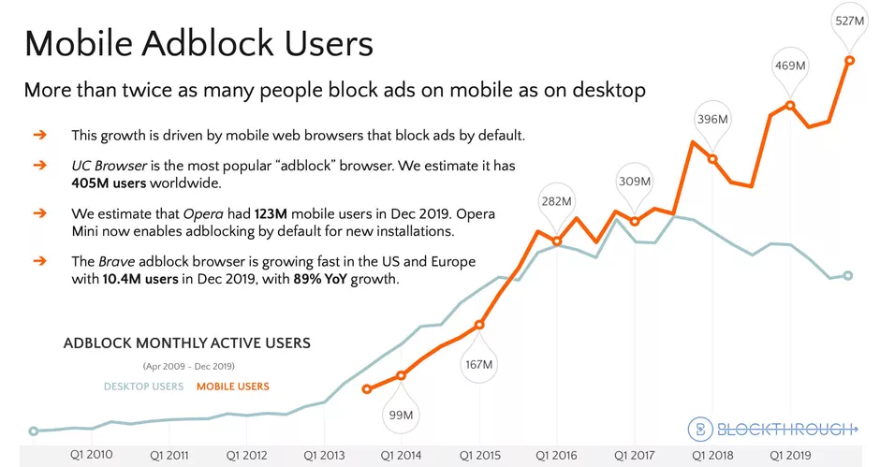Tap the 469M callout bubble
pos(791,66)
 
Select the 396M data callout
pos(712,119)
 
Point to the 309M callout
pos(635,181)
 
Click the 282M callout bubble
pos(558,200)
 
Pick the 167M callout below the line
pos(479,363)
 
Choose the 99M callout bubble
pos(402,414)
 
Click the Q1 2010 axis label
pos(92,455)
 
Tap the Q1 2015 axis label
pos(480,455)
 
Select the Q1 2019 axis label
pos(791,455)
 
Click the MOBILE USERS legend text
pos(232,387)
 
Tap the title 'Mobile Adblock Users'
pos(198,44)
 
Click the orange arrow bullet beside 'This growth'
pos(39,135)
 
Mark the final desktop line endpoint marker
pos(848,275)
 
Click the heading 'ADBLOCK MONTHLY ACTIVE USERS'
pos(186,343)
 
